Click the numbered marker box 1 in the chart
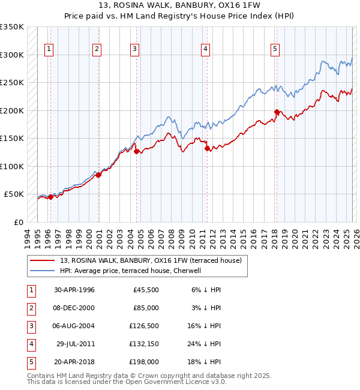49,49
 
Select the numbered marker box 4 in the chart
205,49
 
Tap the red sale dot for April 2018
277,112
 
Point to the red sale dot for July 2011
207,148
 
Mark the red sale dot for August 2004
136,152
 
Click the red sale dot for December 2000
99,175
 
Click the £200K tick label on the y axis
12,110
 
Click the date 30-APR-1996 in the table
74,289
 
